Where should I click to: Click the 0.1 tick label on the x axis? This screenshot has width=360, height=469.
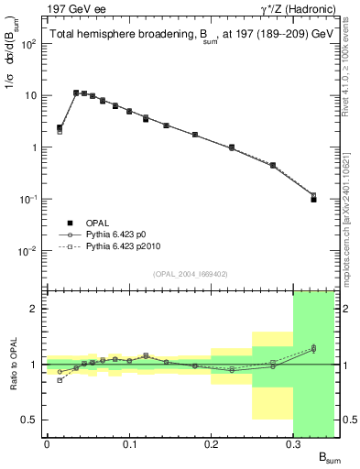(129, 443)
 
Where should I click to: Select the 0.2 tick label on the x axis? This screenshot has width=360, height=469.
(212, 443)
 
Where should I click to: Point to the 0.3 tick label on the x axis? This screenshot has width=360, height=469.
(294, 443)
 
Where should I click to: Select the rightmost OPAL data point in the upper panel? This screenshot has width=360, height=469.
(313, 199)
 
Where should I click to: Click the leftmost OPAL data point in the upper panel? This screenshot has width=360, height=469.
(60, 128)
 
